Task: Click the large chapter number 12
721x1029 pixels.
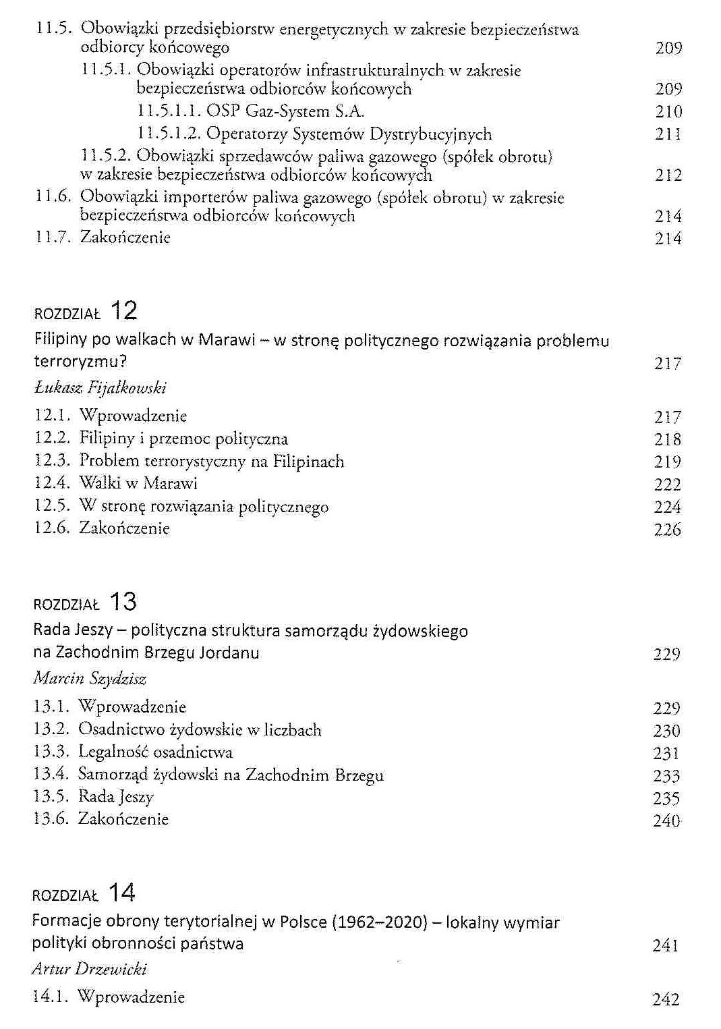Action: pyautogui.click(x=123, y=311)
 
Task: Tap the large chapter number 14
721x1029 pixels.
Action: pyautogui.click(x=121, y=893)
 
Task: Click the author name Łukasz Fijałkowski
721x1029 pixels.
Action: pyautogui.click(x=100, y=388)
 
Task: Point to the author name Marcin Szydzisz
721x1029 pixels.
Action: pyautogui.click(x=90, y=679)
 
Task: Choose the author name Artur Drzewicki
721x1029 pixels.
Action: pyautogui.click(x=89, y=970)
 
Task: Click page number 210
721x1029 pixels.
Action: pyautogui.click(x=668, y=112)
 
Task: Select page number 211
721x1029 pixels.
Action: pyautogui.click(x=668, y=134)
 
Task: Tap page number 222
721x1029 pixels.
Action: pyautogui.click(x=667, y=484)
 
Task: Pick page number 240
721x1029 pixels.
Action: pyautogui.click(x=666, y=821)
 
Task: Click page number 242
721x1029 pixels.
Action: pyautogui.click(x=666, y=999)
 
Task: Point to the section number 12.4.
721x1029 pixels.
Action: pyautogui.click(x=52, y=484)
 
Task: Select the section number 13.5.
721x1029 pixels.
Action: pyautogui.click(x=51, y=797)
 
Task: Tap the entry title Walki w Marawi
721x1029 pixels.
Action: pyautogui.click(x=138, y=484)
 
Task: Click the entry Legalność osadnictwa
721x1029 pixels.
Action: pyautogui.click(x=155, y=752)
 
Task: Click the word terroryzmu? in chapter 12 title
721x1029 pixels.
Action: pyautogui.click(x=80, y=362)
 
